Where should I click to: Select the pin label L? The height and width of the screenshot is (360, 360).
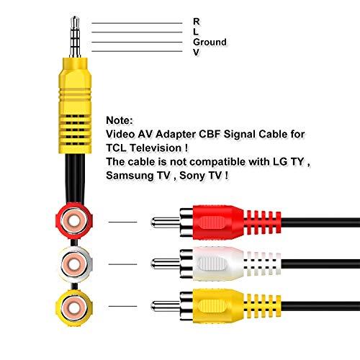(196, 32)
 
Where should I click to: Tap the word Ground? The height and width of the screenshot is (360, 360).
(210, 42)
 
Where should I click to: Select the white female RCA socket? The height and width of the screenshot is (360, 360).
(73, 264)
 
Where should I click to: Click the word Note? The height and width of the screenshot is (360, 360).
(120, 122)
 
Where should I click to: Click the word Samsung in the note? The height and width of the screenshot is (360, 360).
(127, 175)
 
